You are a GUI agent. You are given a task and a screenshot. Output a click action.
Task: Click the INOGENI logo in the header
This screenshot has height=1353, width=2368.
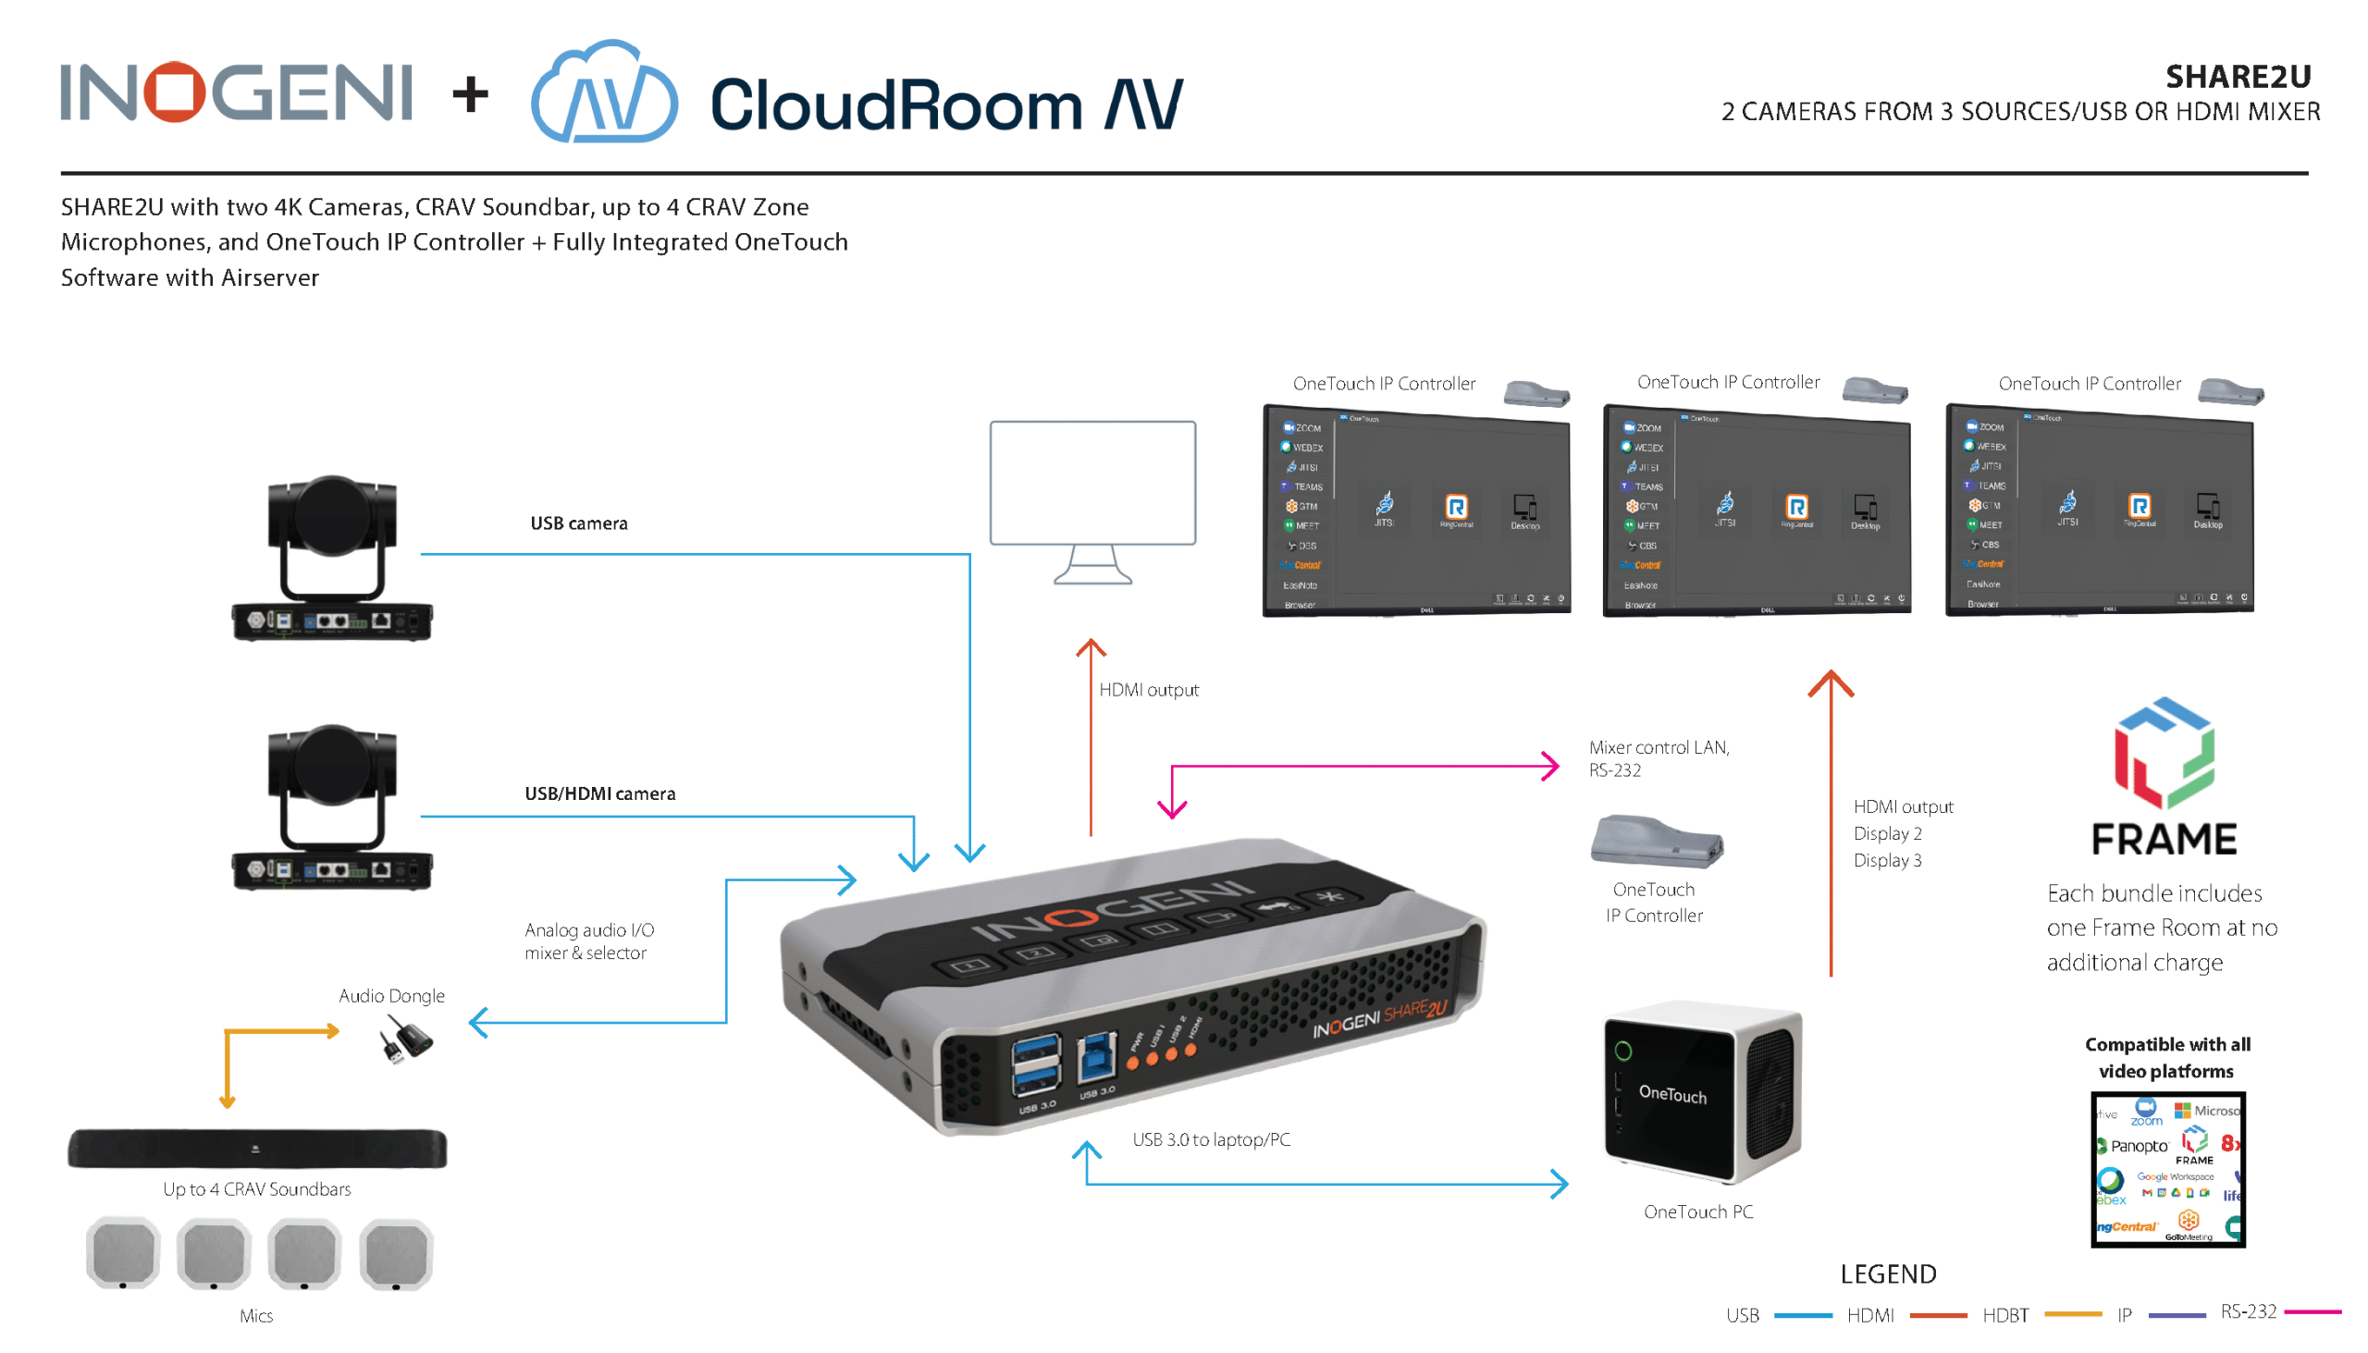coord(236,92)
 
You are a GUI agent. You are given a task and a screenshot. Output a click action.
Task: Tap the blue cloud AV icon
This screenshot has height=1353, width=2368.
coord(604,92)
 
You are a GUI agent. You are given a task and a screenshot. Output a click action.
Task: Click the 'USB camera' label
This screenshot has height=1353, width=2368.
coord(579,523)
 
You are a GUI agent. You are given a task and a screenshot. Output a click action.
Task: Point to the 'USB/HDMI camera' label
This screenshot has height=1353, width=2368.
coord(600,793)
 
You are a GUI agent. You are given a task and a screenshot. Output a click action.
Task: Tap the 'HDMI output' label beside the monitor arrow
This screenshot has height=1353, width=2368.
coord(1149,690)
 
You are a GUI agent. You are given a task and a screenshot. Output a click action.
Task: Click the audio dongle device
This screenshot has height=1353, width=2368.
coord(406,1039)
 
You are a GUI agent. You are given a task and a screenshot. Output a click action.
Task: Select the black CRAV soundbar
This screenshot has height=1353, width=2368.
coord(257,1149)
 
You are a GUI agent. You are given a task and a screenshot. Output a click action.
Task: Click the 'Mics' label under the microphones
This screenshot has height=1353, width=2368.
coord(255,1316)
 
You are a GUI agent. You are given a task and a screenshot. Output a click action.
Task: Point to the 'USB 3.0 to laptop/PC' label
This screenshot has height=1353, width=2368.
coord(1211,1139)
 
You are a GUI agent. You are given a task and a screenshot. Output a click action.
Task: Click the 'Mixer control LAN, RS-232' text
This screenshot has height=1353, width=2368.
coord(1659,758)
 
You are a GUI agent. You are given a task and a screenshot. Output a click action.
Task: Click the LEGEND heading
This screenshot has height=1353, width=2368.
coord(1888,1274)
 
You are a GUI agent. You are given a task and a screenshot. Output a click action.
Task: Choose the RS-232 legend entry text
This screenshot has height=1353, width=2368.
coord(2248,1311)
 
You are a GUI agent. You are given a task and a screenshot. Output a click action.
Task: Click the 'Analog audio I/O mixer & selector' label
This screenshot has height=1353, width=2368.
coord(589,941)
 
